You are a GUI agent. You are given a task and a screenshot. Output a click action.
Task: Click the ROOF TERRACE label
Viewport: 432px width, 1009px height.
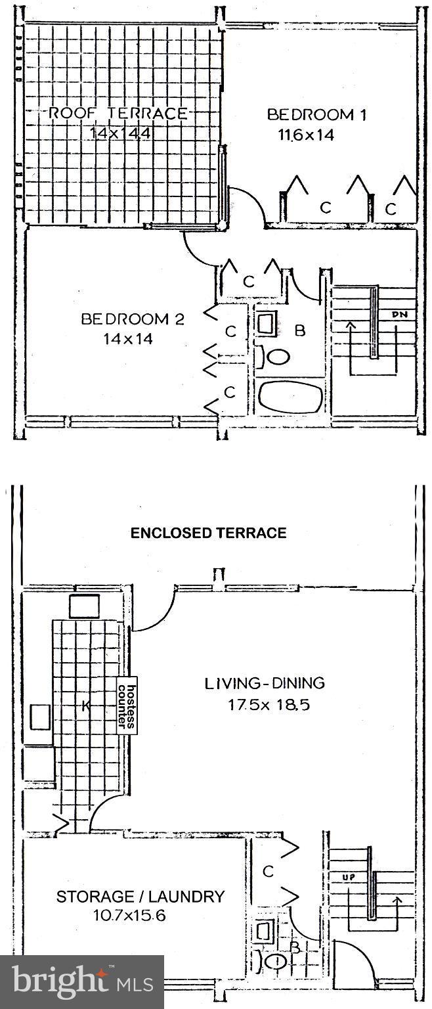point(118,113)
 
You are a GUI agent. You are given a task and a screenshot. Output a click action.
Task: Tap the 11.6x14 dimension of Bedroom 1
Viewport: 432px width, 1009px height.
point(307,135)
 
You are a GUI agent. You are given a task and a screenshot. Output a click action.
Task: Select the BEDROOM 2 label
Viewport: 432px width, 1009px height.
point(133,319)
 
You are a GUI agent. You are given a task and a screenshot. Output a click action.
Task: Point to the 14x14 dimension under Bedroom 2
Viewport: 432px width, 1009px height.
point(128,339)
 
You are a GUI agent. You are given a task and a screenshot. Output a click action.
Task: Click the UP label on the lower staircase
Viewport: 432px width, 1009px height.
point(349,877)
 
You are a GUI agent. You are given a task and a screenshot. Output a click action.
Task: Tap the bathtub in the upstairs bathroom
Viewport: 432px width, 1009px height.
point(291,397)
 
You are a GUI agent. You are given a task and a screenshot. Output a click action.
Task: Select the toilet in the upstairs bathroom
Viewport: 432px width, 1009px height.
point(273,357)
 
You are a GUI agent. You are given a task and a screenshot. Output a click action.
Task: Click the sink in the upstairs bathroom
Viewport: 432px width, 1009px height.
point(268,325)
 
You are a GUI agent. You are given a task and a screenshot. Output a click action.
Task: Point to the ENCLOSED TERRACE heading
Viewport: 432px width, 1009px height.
point(208,533)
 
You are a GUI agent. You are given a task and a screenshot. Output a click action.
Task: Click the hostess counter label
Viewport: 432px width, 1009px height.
point(127,706)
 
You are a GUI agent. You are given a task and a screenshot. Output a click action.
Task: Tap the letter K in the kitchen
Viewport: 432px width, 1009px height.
point(86,707)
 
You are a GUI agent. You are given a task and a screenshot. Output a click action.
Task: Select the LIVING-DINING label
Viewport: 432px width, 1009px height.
point(265,683)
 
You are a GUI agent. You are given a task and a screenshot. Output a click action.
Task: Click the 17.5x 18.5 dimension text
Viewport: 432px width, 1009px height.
point(269,704)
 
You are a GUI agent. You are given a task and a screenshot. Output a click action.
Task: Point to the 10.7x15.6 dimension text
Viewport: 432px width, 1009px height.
point(129,915)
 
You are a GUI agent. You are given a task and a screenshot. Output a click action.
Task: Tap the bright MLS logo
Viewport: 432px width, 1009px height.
point(82,981)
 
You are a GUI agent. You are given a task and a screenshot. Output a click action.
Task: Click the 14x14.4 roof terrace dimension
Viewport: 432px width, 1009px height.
point(119,133)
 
